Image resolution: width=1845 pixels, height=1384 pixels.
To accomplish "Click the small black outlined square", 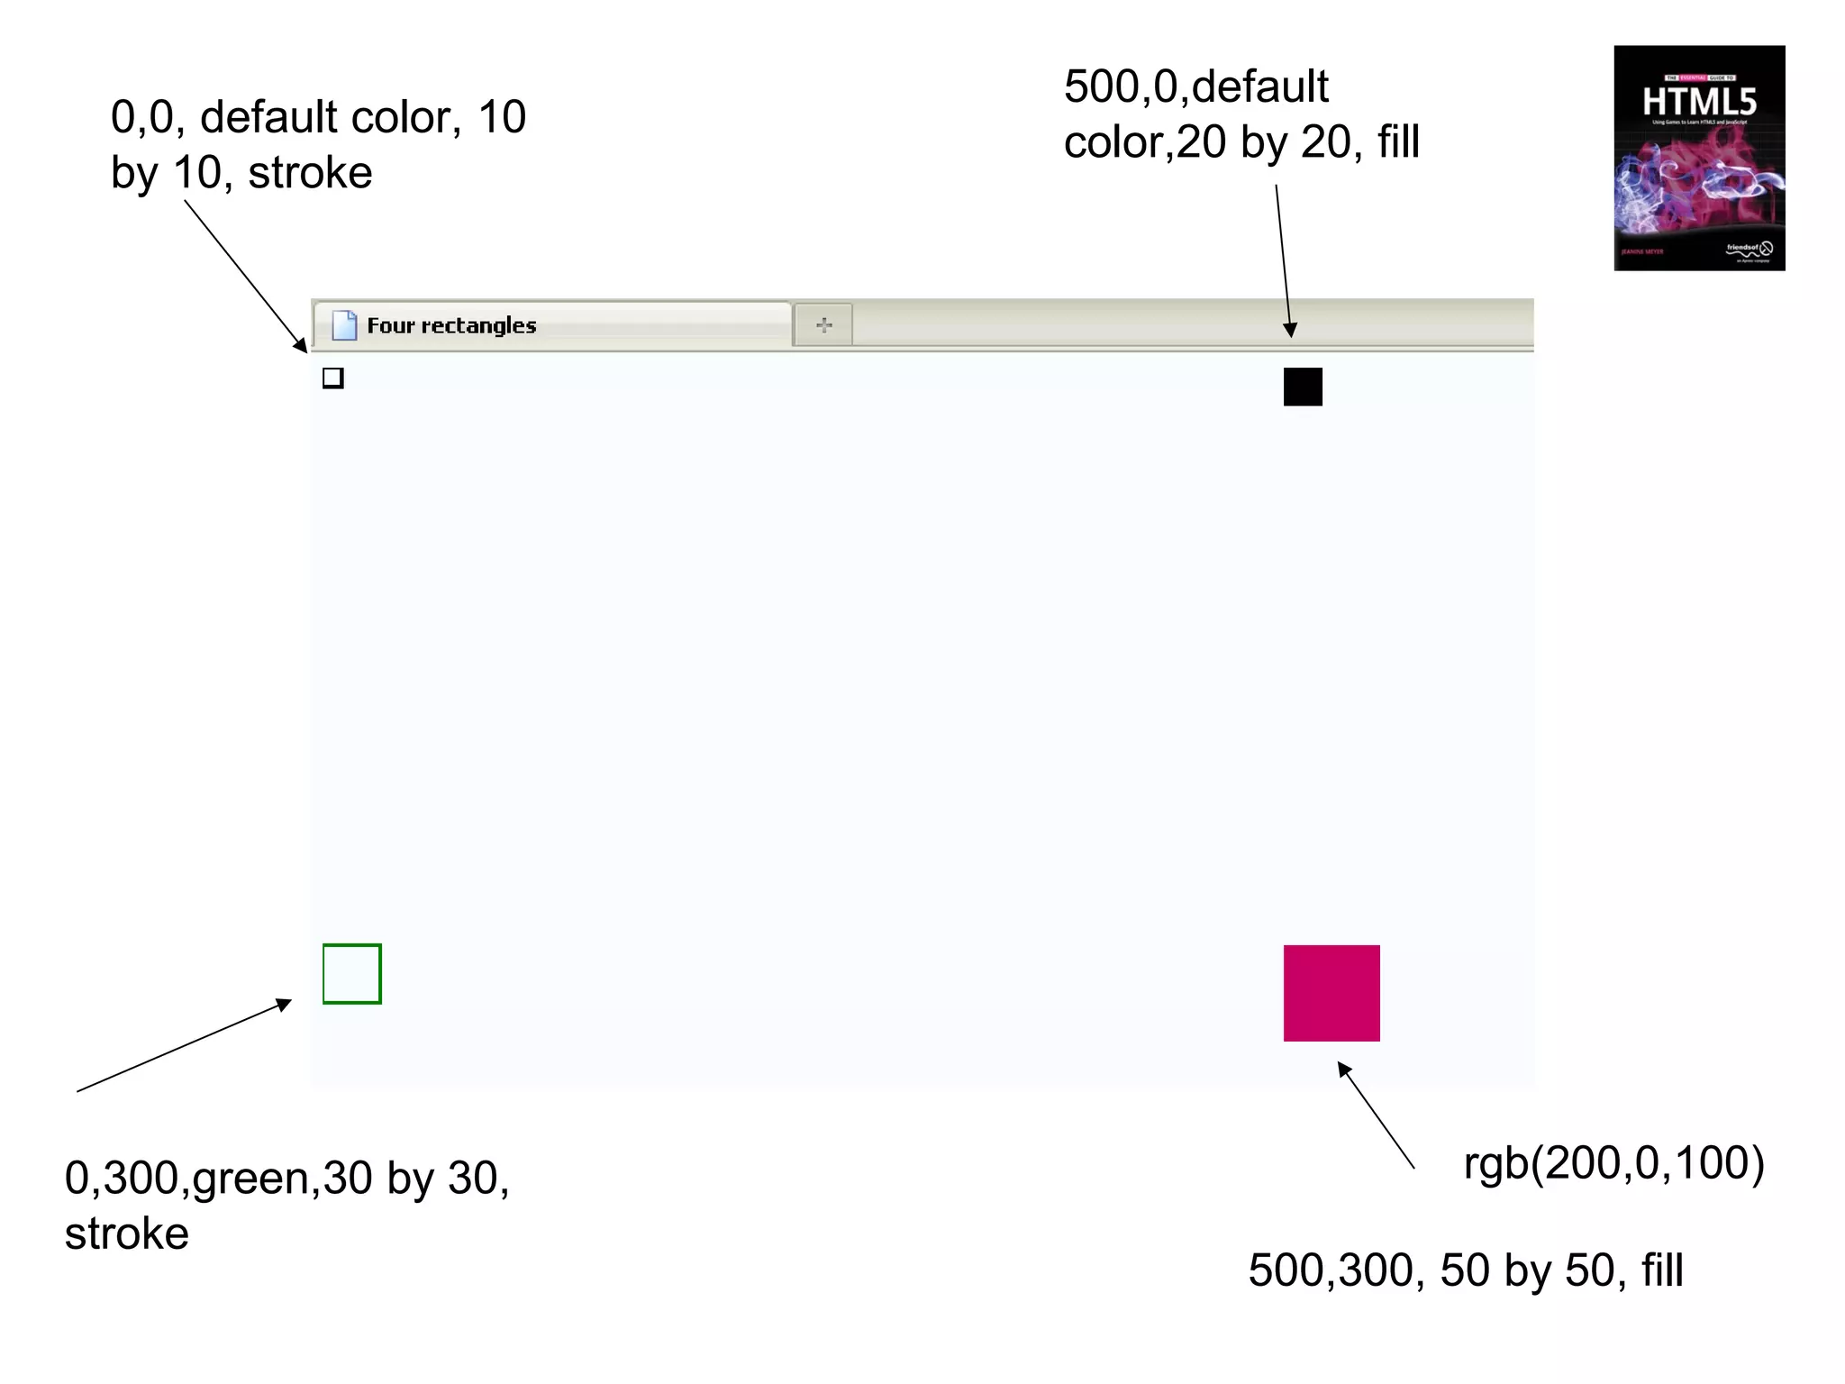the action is coord(333,378).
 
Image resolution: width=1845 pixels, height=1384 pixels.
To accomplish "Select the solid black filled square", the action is coord(1303,387).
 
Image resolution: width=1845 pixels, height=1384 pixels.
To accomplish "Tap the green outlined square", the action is coord(352,974).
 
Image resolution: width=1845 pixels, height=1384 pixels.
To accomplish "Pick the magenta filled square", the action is coord(1331,993).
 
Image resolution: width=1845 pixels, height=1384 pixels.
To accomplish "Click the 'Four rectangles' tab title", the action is coord(451,325).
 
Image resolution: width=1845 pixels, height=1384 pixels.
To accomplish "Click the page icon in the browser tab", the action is coord(344,325).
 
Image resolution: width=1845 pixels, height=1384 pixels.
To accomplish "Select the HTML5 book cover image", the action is coord(1699,159).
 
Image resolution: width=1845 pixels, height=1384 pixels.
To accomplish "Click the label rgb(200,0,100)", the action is coord(1613,1162).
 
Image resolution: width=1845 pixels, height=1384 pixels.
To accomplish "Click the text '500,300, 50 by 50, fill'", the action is coord(1466,1270).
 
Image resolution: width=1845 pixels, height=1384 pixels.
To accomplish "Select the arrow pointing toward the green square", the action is coord(185,1045).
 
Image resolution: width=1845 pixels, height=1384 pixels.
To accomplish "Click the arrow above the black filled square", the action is coord(1284,261).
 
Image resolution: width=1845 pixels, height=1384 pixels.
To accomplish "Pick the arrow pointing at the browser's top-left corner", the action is coord(245,275).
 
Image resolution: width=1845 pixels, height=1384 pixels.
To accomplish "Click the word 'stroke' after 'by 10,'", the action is coord(310,173).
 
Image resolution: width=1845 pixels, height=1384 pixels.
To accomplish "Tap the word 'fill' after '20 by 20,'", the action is coord(1398,142).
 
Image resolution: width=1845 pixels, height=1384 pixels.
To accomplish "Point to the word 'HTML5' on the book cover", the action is coord(1699,102).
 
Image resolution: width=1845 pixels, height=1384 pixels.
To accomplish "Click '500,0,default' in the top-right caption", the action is coord(1195,87).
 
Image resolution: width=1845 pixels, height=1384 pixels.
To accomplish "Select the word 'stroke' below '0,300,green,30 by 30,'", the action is coord(127,1234).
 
